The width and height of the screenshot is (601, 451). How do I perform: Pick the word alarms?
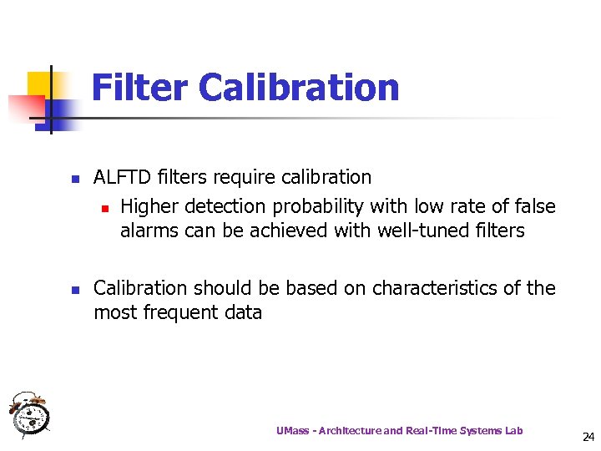click(x=148, y=231)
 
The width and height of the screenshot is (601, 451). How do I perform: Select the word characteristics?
click(x=440, y=288)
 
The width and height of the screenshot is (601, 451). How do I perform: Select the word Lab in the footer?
click(x=513, y=431)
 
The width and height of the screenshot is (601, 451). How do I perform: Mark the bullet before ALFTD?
click(x=74, y=179)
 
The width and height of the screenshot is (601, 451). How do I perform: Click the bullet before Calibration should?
click(x=74, y=290)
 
